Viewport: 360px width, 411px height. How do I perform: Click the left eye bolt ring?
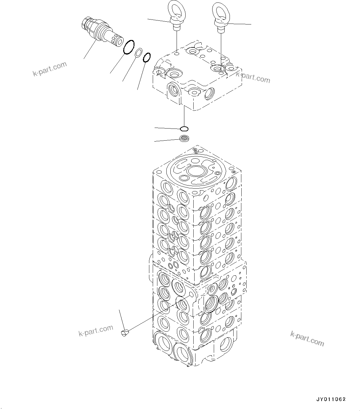tap(176, 9)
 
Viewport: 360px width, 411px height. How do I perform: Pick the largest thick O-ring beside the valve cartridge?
tap(129, 47)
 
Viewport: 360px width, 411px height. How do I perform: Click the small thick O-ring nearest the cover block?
tap(147, 57)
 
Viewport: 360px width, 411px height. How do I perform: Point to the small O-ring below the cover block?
tap(184, 128)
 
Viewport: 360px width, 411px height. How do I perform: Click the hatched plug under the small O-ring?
tap(184, 139)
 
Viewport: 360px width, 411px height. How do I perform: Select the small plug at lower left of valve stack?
tap(125, 333)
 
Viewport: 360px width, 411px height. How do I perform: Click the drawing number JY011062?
tap(331, 399)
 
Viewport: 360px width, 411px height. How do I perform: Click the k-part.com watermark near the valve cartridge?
tap(50, 69)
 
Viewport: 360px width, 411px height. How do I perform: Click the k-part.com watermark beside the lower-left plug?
tap(95, 331)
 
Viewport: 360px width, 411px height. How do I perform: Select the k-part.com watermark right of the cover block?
tap(253, 77)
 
